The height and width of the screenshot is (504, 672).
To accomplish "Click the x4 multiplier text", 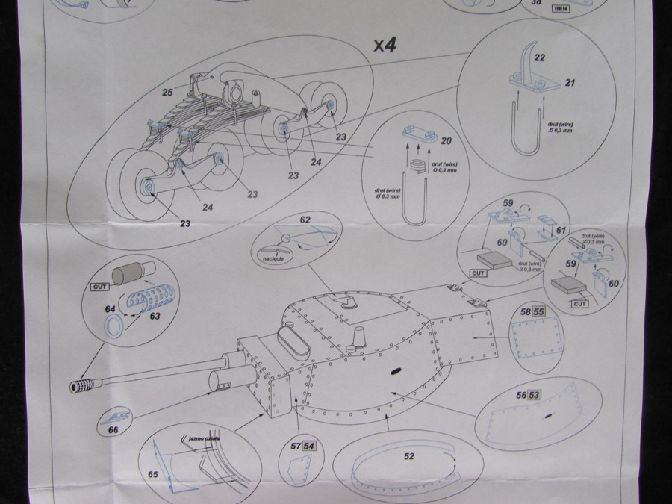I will [x=385, y=45].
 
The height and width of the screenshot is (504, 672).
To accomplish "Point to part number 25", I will [x=169, y=93].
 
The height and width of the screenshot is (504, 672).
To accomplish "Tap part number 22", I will [x=540, y=57].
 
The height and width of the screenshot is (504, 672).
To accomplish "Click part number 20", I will [x=447, y=140].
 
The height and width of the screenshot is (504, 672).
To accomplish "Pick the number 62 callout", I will [x=304, y=220].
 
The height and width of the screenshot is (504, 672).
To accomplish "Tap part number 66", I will [x=114, y=431].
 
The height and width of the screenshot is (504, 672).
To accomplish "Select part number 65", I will [x=152, y=474].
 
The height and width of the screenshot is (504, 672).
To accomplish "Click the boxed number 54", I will [x=309, y=447].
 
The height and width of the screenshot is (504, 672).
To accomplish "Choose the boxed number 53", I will [x=534, y=395].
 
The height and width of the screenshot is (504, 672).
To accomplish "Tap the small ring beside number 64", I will [x=113, y=326].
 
